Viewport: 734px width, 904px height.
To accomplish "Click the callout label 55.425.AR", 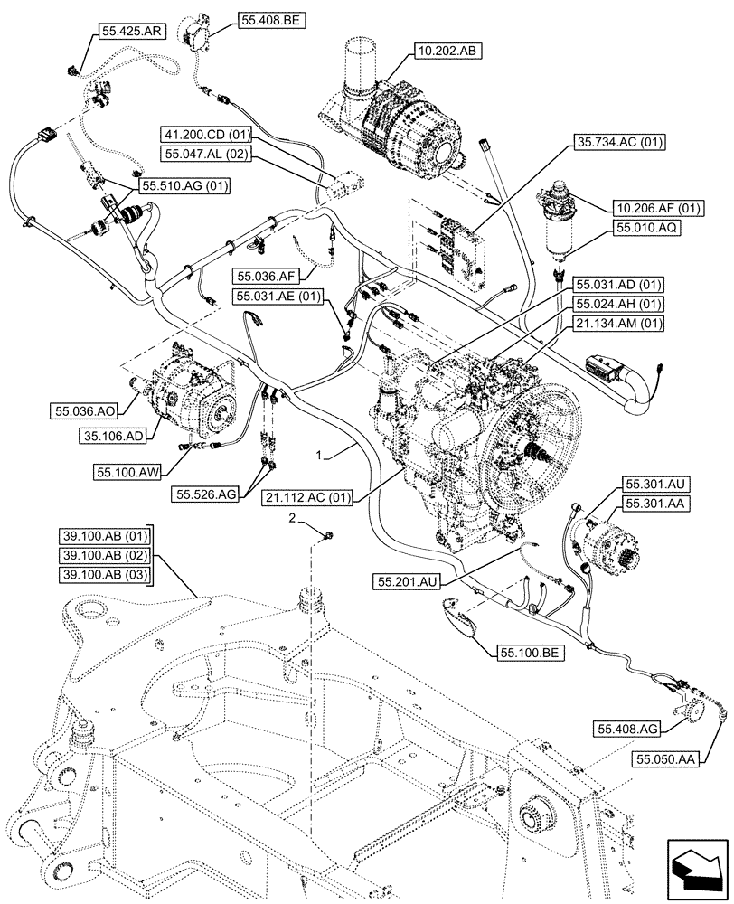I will [x=130, y=31].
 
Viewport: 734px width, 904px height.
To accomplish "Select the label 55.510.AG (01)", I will [x=184, y=186].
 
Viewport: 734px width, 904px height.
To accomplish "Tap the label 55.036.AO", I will [x=83, y=411].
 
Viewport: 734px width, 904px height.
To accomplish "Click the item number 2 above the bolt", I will [x=292, y=518].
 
